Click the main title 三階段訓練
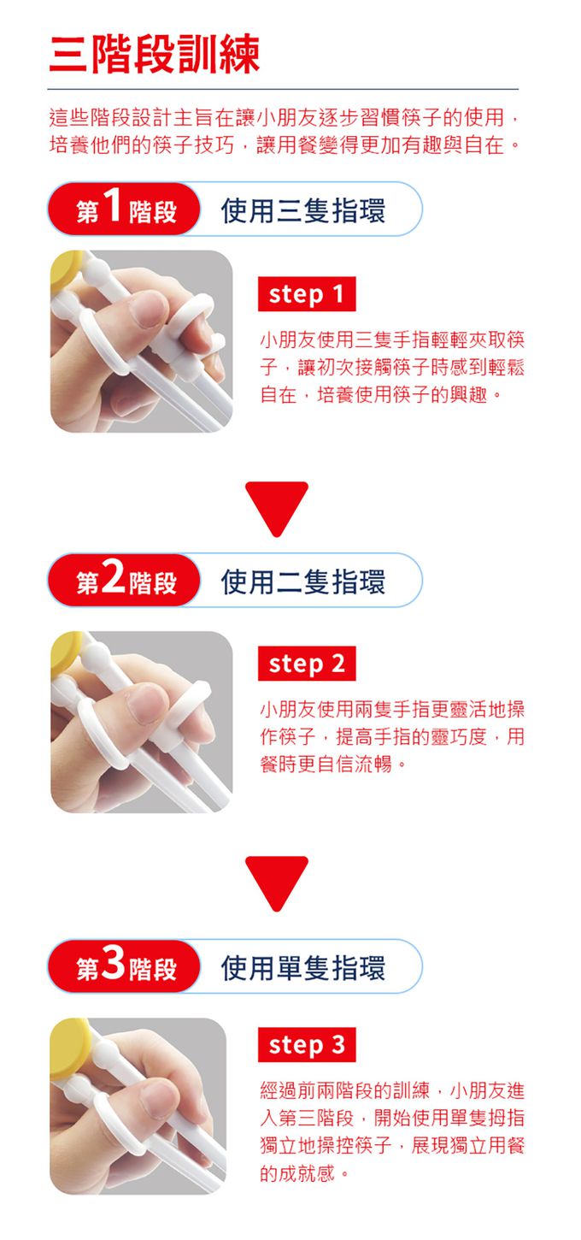[x=154, y=56]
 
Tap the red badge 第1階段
[x=125, y=210]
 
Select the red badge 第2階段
[x=125, y=581]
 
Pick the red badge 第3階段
[x=125, y=966]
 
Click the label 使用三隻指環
[x=302, y=210]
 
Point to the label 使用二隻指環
[x=302, y=582]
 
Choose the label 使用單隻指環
[x=302, y=967]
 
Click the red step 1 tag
[x=306, y=295]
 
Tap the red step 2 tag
[x=306, y=664]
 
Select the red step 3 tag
[x=306, y=1045]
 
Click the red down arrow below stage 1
[x=276, y=505]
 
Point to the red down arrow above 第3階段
[x=276, y=880]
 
